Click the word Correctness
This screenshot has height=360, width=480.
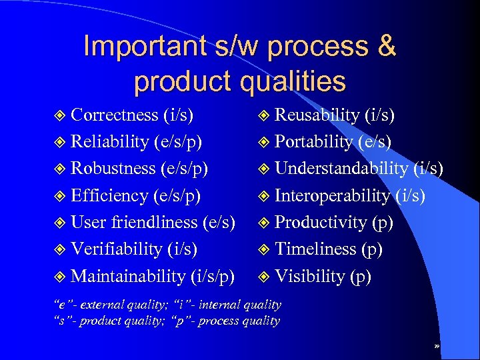[x=115, y=115]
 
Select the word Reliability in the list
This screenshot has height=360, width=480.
[x=110, y=141]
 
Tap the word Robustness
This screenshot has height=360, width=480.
[x=114, y=168]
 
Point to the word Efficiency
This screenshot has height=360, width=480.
[x=110, y=195]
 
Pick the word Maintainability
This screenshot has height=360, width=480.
[x=128, y=275]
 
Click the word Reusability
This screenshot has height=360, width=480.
[x=317, y=115]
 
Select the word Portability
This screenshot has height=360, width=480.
[x=314, y=141]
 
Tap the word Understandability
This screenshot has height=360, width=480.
[x=341, y=168]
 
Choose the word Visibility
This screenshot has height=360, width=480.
[x=311, y=275]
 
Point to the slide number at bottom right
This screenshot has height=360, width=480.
[x=437, y=347]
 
